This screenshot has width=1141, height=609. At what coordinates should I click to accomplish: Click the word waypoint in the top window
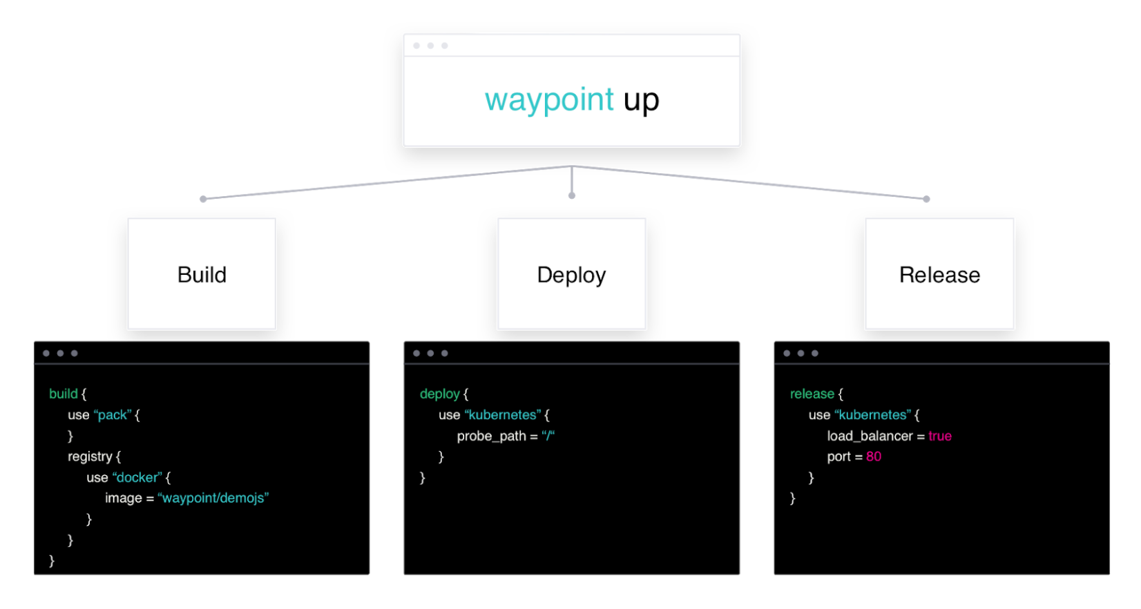(549, 99)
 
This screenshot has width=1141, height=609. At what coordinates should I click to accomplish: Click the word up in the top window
(641, 101)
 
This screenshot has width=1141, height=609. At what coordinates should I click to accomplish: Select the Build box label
(202, 275)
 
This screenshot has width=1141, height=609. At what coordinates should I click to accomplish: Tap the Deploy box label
(571, 275)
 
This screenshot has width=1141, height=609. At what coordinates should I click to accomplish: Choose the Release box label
(939, 275)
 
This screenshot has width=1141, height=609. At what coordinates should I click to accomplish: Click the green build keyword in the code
(63, 394)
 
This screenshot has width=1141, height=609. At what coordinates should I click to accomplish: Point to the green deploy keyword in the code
(439, 394)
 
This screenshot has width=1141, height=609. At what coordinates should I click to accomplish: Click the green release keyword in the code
(812, 394)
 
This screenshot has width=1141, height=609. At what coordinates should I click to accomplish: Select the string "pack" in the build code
(113, 415)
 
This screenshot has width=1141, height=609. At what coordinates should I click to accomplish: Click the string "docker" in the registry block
(137, 477)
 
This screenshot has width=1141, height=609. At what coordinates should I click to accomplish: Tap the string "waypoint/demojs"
(213, 498)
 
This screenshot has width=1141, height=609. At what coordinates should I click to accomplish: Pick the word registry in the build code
(90, 456)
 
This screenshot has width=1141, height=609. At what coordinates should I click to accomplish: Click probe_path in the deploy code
(491, 436)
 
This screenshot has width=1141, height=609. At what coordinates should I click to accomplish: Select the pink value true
(939, 436)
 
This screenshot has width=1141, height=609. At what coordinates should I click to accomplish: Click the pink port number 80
(873, 456)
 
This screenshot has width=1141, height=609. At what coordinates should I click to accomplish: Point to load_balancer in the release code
(870, 436)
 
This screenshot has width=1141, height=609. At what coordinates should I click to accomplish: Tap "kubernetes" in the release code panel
(872, 415)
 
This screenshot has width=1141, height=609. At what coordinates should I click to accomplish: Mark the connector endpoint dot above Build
(203, 199)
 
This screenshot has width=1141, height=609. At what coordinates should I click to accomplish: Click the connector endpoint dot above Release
(926, 199)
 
